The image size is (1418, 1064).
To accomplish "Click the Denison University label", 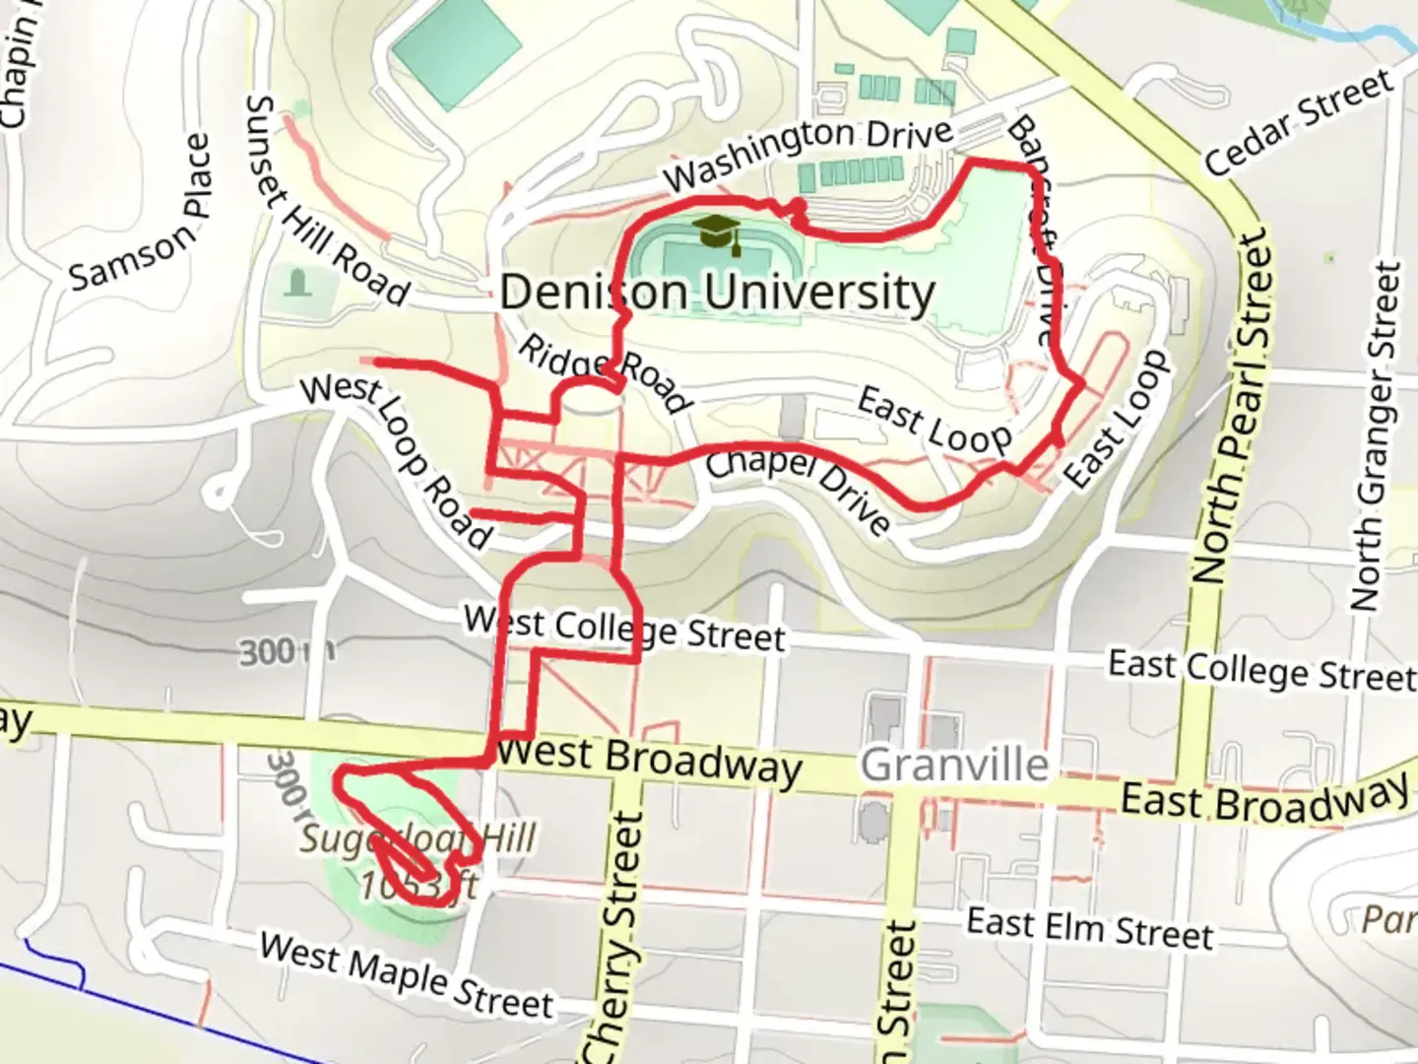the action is [x=717, y=293].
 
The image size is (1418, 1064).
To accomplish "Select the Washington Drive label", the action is [x=808, y=153].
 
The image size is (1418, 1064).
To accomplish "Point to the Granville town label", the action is [x=954, y=765].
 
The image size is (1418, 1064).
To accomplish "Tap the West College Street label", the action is [x=624, y=629].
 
